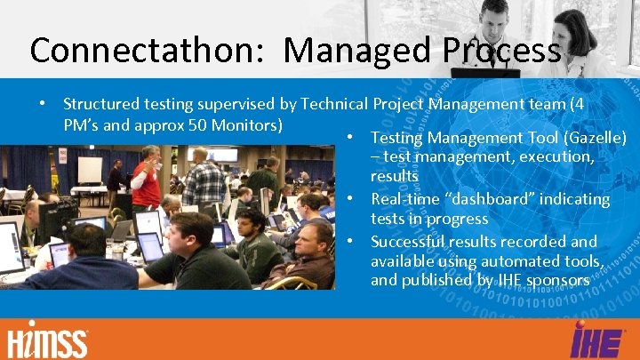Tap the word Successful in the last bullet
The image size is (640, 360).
(408, 242)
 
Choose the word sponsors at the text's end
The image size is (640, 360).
(556, 280)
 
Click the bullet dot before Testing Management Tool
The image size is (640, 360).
(352, 138)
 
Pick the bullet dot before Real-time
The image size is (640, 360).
(352, 199)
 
